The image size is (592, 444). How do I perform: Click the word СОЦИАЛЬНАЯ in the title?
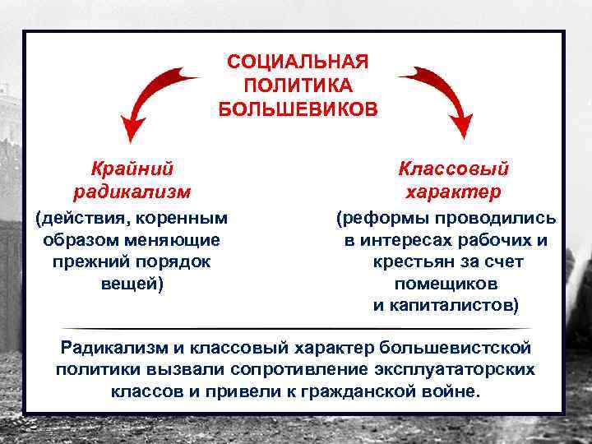coord(298,63)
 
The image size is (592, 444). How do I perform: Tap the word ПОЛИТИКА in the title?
coord(298,86)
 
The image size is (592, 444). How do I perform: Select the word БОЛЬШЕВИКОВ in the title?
coord(298,109)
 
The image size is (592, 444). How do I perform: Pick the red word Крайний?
coord(132,169)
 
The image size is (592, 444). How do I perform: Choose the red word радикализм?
coord(132,192)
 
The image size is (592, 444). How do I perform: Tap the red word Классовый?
coord(453,169)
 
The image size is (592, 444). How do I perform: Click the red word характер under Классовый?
coord(453,192)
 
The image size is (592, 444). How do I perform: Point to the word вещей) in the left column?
coord(132,283)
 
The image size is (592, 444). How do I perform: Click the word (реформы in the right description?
coord(377,219)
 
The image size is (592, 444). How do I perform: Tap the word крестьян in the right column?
coord(409,261)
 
